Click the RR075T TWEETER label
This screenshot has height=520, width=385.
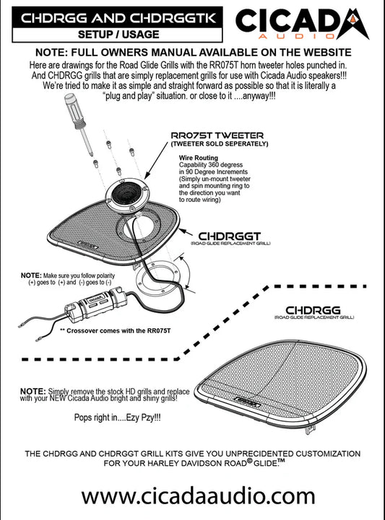coord(217,135)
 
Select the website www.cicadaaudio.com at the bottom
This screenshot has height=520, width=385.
coord(193,495)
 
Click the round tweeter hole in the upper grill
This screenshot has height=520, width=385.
coord(148,230)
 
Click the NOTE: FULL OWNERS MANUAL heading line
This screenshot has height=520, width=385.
coord(193,53)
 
